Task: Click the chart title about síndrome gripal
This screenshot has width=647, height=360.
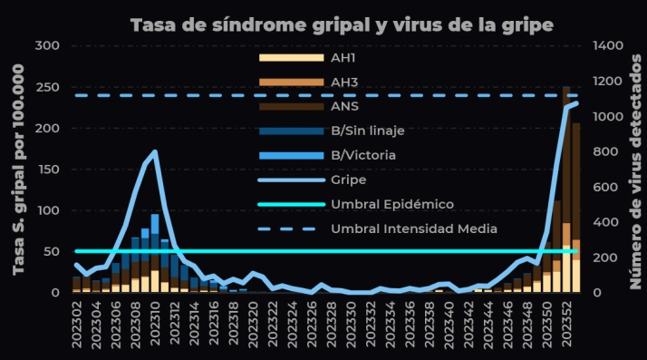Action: (342, 24)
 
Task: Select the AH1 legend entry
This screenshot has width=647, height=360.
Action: (345, 57)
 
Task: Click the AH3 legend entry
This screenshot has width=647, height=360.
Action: (345, 82)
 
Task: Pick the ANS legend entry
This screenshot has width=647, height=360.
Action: (345, 106)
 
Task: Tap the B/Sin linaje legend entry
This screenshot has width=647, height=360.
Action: (367, 131)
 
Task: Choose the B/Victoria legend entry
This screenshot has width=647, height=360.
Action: (362, 155)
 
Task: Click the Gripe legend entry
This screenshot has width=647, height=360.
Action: (349, 180)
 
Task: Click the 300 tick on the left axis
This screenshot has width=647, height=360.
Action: (47, 45)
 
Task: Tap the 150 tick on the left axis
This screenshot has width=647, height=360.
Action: (47, 170)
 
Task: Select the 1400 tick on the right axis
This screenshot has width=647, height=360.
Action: (610, 45)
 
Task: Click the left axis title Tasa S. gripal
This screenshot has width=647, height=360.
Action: (18, 169)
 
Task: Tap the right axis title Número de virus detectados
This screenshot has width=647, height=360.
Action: (635, 169)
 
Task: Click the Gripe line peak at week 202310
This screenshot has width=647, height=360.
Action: (155, 152)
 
